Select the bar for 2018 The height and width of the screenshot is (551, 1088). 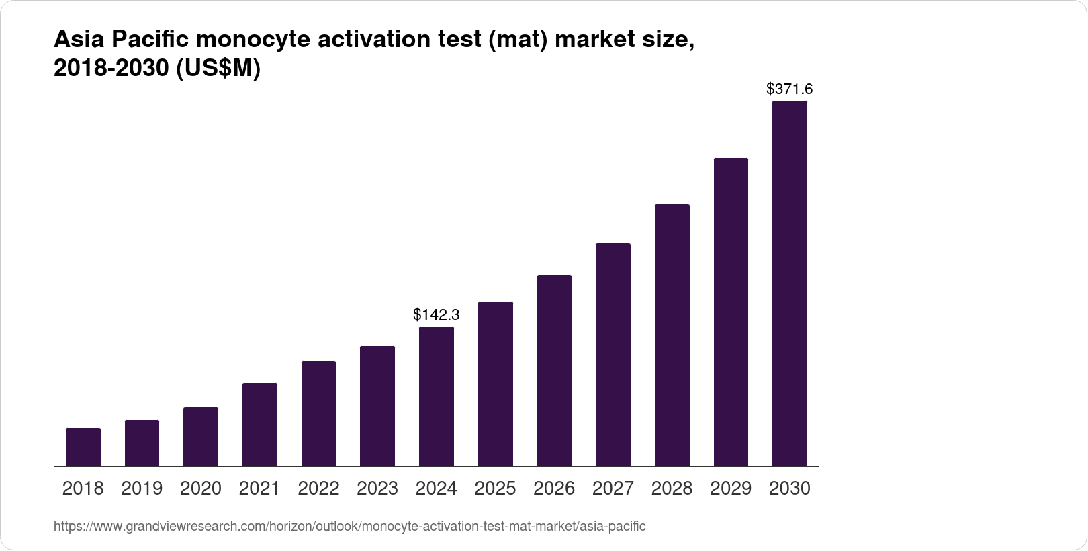click(83, 447)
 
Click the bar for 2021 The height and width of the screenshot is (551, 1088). click(260, 425)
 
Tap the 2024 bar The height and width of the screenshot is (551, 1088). click(437, 396)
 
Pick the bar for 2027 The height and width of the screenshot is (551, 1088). click(613, 355)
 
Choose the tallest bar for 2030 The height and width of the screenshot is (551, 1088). click(790, 284)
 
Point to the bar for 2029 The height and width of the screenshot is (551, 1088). click(731, 312)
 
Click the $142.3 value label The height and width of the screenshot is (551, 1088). click(437, 314)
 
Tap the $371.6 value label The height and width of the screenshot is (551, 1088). click(790, 89)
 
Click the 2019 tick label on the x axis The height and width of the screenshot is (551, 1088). click(142, 489)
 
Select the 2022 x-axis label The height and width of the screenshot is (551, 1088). click(318, 489)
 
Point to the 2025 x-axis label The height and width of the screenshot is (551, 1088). click(495, 489)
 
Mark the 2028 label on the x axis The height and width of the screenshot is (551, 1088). click(672, 489)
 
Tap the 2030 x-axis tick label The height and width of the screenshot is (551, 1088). click(790, 489)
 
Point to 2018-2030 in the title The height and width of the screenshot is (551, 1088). click(111, 69)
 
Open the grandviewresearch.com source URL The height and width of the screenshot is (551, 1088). click(349, 527)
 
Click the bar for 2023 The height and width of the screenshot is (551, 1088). click(377, 407)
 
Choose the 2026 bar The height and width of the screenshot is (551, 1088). click(554, 371)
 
